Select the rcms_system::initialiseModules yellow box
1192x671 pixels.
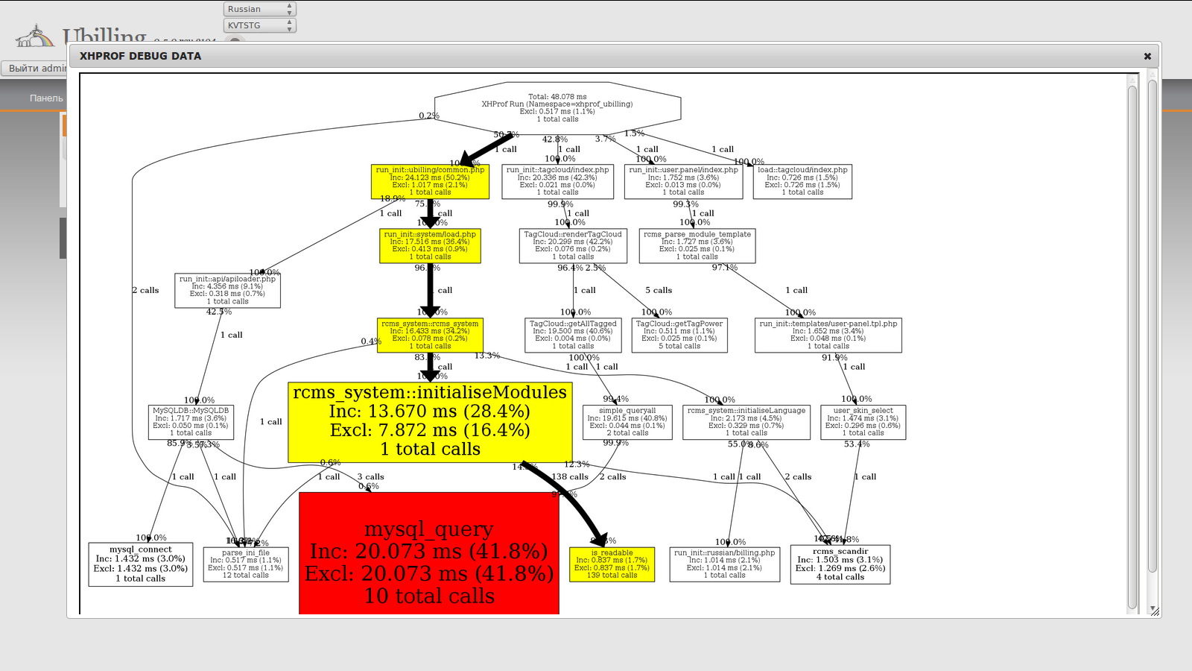coord(430,422)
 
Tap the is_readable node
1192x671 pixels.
coord(612,564)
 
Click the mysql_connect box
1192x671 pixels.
coord(141,564)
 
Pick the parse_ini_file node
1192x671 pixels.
coord(246,564)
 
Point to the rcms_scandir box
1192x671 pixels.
coord(840,564)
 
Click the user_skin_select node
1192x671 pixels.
coord(863,422)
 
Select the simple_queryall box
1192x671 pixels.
coord(627,422)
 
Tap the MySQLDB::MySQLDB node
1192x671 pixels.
coord(191,422)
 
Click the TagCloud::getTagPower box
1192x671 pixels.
coord(679,335)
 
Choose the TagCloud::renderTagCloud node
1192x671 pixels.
coord(573,245)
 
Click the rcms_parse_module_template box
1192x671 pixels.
coord(697,245)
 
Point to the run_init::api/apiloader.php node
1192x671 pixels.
coord(227,290)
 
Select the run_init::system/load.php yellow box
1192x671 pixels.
coord(430,245)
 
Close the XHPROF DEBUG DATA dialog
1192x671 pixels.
coord(1147,56)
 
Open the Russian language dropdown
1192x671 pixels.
coord(259,9)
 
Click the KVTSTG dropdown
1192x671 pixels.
coord(259,25)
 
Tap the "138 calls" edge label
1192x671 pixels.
coord(569,477)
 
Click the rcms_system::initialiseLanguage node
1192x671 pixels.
coord(746,422)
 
